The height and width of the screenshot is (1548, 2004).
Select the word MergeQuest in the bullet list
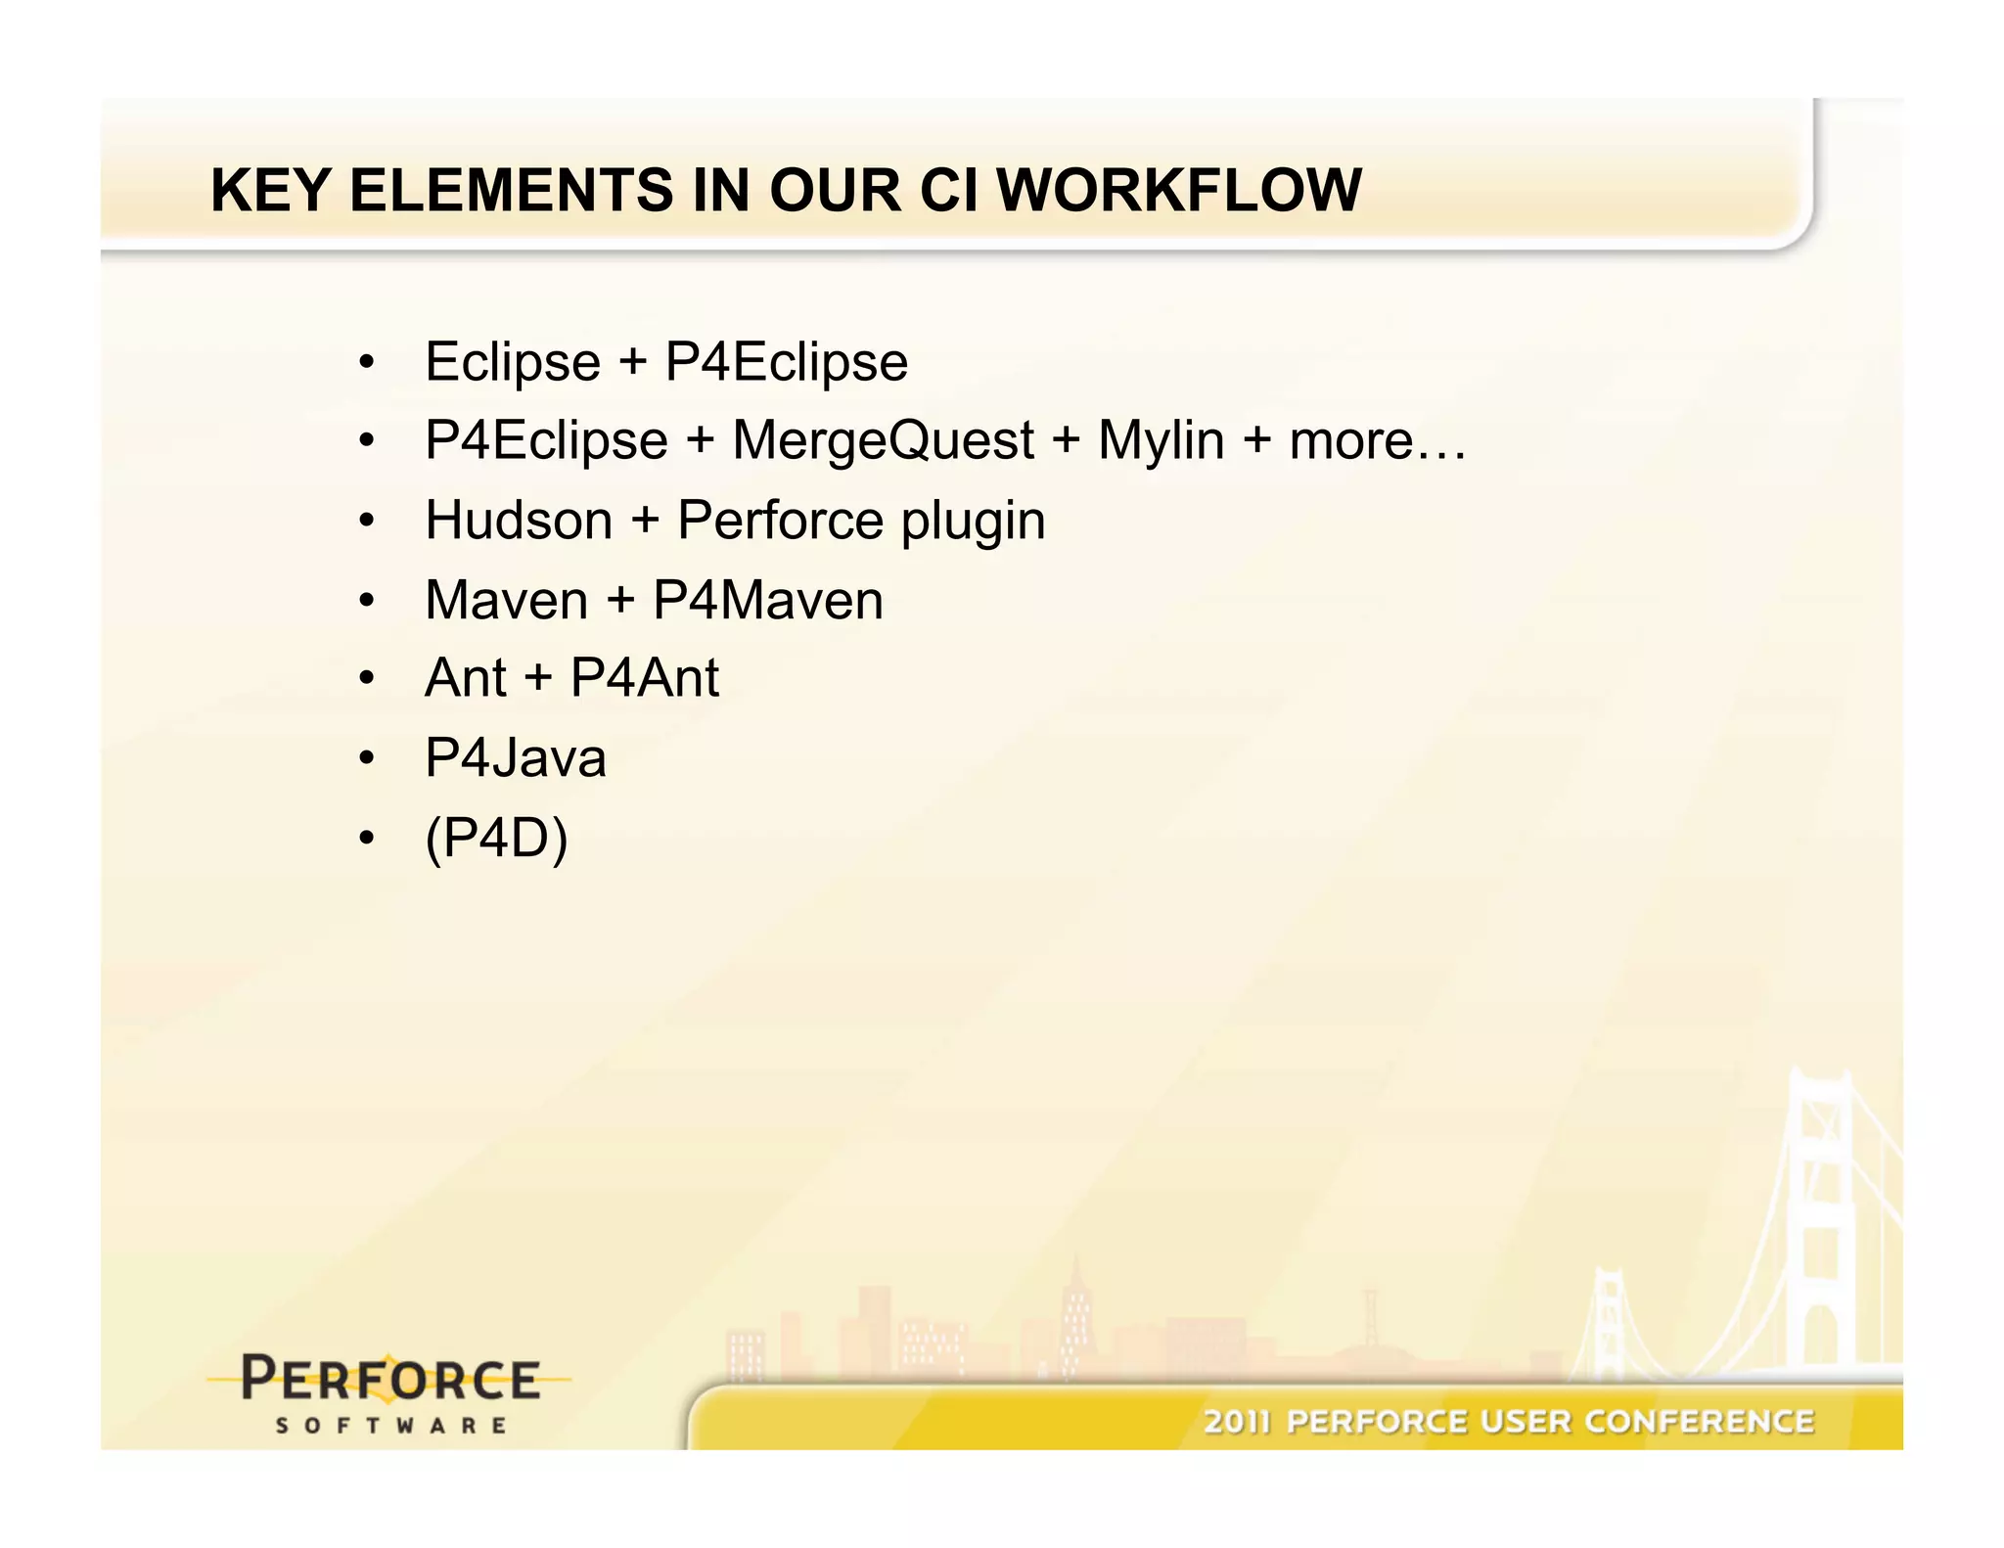[x=883, y=440]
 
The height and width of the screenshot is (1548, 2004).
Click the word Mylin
[x=1161, y=440]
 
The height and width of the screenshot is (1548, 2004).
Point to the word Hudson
[x=519, y=520]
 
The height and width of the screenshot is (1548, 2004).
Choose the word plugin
[x=973, y=522]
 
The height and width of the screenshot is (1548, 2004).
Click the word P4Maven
[x=768, y=600]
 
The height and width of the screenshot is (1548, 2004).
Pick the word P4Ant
[x=645, y=678]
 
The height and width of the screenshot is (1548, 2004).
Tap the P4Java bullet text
[x=516, y=758]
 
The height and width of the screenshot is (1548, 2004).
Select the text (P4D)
[x=496, y=838]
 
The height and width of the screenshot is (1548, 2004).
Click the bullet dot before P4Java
[x=366, y=758]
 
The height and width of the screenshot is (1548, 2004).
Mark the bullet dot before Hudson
[x=366, y=521]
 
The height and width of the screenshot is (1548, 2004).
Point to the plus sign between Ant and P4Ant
[x=538, y=678]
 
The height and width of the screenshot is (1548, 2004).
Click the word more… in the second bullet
[x=1378, y=440]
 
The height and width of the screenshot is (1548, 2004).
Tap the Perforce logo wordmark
[x=390, y=1379]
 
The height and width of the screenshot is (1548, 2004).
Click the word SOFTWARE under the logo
[x=390, y=1426]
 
